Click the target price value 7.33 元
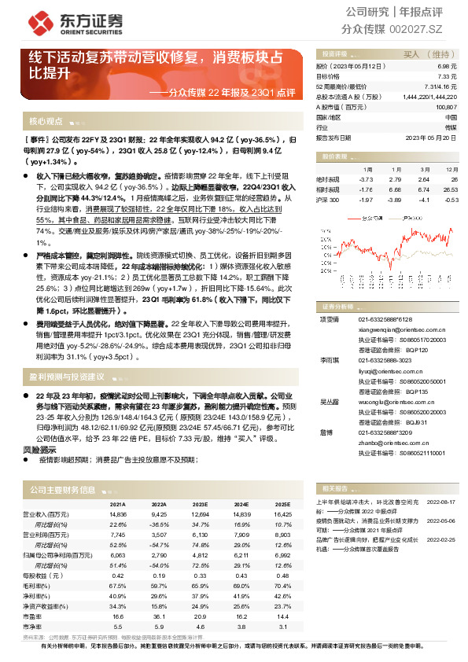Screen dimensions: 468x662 coord(447,76)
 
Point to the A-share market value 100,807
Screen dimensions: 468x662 coord(444,106)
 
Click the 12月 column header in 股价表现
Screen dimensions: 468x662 coord(451,169)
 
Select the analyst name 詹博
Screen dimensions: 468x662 coord(326,432)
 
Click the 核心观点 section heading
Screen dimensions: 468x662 coord(46,122)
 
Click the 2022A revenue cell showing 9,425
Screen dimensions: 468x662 coord(160,513)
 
